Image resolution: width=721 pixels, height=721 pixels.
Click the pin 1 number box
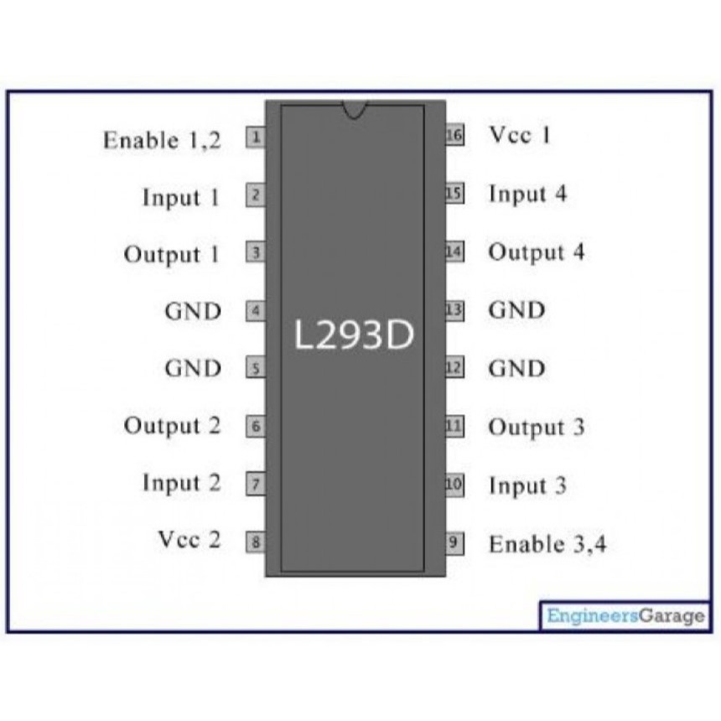[x=255, y=137]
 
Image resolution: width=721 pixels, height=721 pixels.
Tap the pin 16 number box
[x=454, y=135]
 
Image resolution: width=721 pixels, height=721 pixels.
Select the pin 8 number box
[x=255, y=542]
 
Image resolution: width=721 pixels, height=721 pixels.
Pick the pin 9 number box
[x=454, y=542]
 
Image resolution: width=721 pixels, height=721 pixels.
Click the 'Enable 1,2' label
[x=162, y=140]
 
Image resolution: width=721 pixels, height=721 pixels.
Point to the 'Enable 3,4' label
[x=547, y=544]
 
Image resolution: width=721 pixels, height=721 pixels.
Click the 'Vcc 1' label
[x=520, y=135]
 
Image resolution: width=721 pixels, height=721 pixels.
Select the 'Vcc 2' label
[x=189, y=539]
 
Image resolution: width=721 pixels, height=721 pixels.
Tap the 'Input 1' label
[x=180, y=198]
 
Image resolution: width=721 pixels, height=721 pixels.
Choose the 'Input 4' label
[x=527, y=195]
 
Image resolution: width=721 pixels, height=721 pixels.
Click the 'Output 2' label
[x=172, y=426]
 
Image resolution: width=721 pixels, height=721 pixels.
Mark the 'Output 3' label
[x=536, y=427]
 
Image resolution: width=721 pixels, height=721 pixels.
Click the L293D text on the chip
[x=354, y=336]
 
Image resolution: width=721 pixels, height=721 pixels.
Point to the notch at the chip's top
[x=354, y=109]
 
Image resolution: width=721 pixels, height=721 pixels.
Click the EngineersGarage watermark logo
[x=625, y=616]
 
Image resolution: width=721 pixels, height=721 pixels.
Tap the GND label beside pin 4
[x=193, y=311]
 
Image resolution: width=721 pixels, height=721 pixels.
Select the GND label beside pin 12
[x=516, y=368]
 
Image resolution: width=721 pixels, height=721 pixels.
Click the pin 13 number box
[x=454, y=311]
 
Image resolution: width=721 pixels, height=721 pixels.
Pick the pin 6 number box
[x=255, y=427]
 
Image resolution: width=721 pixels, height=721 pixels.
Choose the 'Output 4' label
[x=537, y=252]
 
